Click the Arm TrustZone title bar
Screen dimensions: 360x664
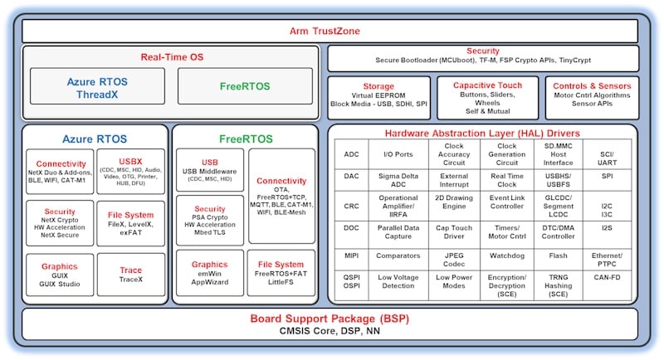pos(331,31)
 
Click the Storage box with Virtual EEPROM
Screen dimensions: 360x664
pos(378,98)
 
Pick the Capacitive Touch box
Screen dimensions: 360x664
pos(487,98)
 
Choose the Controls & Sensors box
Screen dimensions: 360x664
pos(592,98)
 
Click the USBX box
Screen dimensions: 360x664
pos(130,172)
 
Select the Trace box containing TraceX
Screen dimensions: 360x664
pos(130,275)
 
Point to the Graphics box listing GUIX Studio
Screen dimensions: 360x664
pos(59,275)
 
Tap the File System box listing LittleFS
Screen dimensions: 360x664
pos(281,275)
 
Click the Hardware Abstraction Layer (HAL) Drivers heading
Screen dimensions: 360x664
pos(482,134)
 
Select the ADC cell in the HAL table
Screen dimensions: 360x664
pos(352,153)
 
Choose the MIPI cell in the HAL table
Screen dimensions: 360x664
pos(352,255)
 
